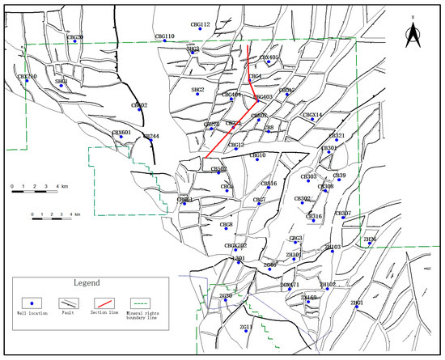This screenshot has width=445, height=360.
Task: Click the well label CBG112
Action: click(200, 25)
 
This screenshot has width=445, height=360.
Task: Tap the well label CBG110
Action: click(164, 36)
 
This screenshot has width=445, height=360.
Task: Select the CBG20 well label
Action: click(74, 37)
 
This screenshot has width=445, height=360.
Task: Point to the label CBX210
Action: click(27, 77)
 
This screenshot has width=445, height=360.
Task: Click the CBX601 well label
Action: click(121, 132)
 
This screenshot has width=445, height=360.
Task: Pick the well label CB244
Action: click(151, 136)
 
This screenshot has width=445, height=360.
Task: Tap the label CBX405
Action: click(269, 58)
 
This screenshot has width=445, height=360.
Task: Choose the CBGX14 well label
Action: click(312, 116)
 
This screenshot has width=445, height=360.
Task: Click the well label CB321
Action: click(337, 136)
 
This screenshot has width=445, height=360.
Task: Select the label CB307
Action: click(343, 214)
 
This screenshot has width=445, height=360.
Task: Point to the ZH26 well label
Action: click(370, 239)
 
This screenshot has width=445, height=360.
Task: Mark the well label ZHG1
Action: click(357, 303)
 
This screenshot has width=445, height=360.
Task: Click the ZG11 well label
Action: click(247, 327)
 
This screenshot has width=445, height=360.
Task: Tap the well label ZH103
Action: click(333, 247)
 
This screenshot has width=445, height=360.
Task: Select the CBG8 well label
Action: click(227, 224)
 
